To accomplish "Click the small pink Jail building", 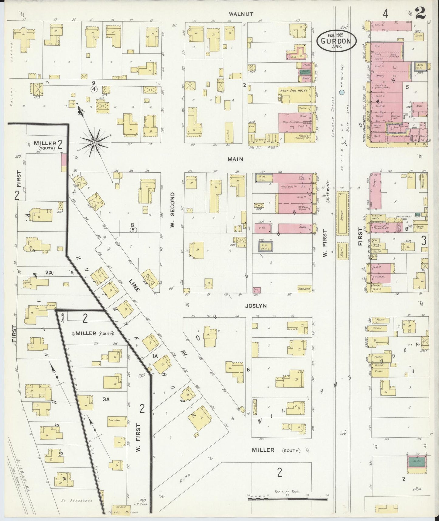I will click(256, 290).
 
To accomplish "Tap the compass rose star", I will click(94, 142).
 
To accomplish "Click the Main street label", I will click(236, 159).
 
